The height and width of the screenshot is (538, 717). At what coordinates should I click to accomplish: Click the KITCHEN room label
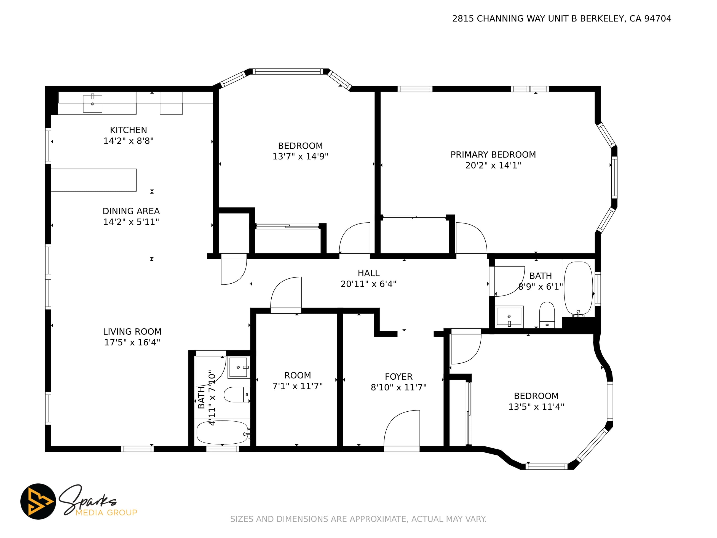(128, 130)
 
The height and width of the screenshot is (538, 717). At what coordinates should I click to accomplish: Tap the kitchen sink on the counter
(93, 103)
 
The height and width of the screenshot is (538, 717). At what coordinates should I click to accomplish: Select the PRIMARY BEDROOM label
(493, 155)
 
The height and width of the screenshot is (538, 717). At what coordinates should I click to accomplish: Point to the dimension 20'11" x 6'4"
(368, 284)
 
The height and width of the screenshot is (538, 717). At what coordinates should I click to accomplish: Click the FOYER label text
(399, 377)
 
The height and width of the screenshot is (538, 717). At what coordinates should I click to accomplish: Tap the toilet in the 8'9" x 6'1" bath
(547, 315)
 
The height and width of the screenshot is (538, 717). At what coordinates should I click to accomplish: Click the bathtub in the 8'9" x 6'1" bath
(578, 289)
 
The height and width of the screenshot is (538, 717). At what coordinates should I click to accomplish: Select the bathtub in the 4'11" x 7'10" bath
(223, 432)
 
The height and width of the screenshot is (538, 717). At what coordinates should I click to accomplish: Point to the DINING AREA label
(131, 211)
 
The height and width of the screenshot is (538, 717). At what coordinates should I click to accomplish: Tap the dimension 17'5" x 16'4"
(132, 342)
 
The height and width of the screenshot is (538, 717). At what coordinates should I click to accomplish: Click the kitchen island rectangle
(94, 180)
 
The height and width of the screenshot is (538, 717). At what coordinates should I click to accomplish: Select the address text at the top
(562, 19)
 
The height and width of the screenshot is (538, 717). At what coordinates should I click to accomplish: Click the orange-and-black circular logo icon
(38, 501)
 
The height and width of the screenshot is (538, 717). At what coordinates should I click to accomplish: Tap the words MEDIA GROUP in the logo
(106, 512)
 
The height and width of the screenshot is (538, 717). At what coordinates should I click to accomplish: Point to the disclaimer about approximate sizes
(358, 519)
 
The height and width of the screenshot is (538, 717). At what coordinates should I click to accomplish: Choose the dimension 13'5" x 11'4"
(536, 407)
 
